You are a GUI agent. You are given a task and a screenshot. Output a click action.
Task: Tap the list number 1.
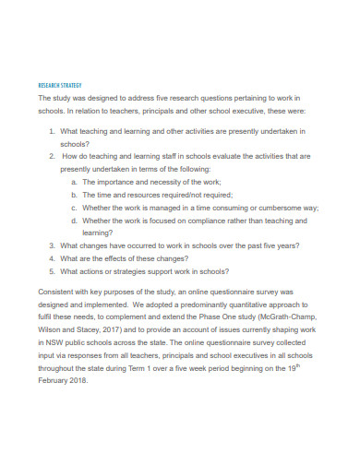pos(51,132)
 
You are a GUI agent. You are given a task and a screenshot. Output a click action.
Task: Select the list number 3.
pos(51,246)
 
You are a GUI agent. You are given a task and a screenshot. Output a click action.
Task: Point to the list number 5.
pos(51,272)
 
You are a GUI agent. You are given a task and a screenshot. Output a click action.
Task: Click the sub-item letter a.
pos(73,183)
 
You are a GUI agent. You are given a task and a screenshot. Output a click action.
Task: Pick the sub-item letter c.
pos(73,209)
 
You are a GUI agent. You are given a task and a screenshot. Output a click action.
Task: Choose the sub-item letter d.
pos(73,221)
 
